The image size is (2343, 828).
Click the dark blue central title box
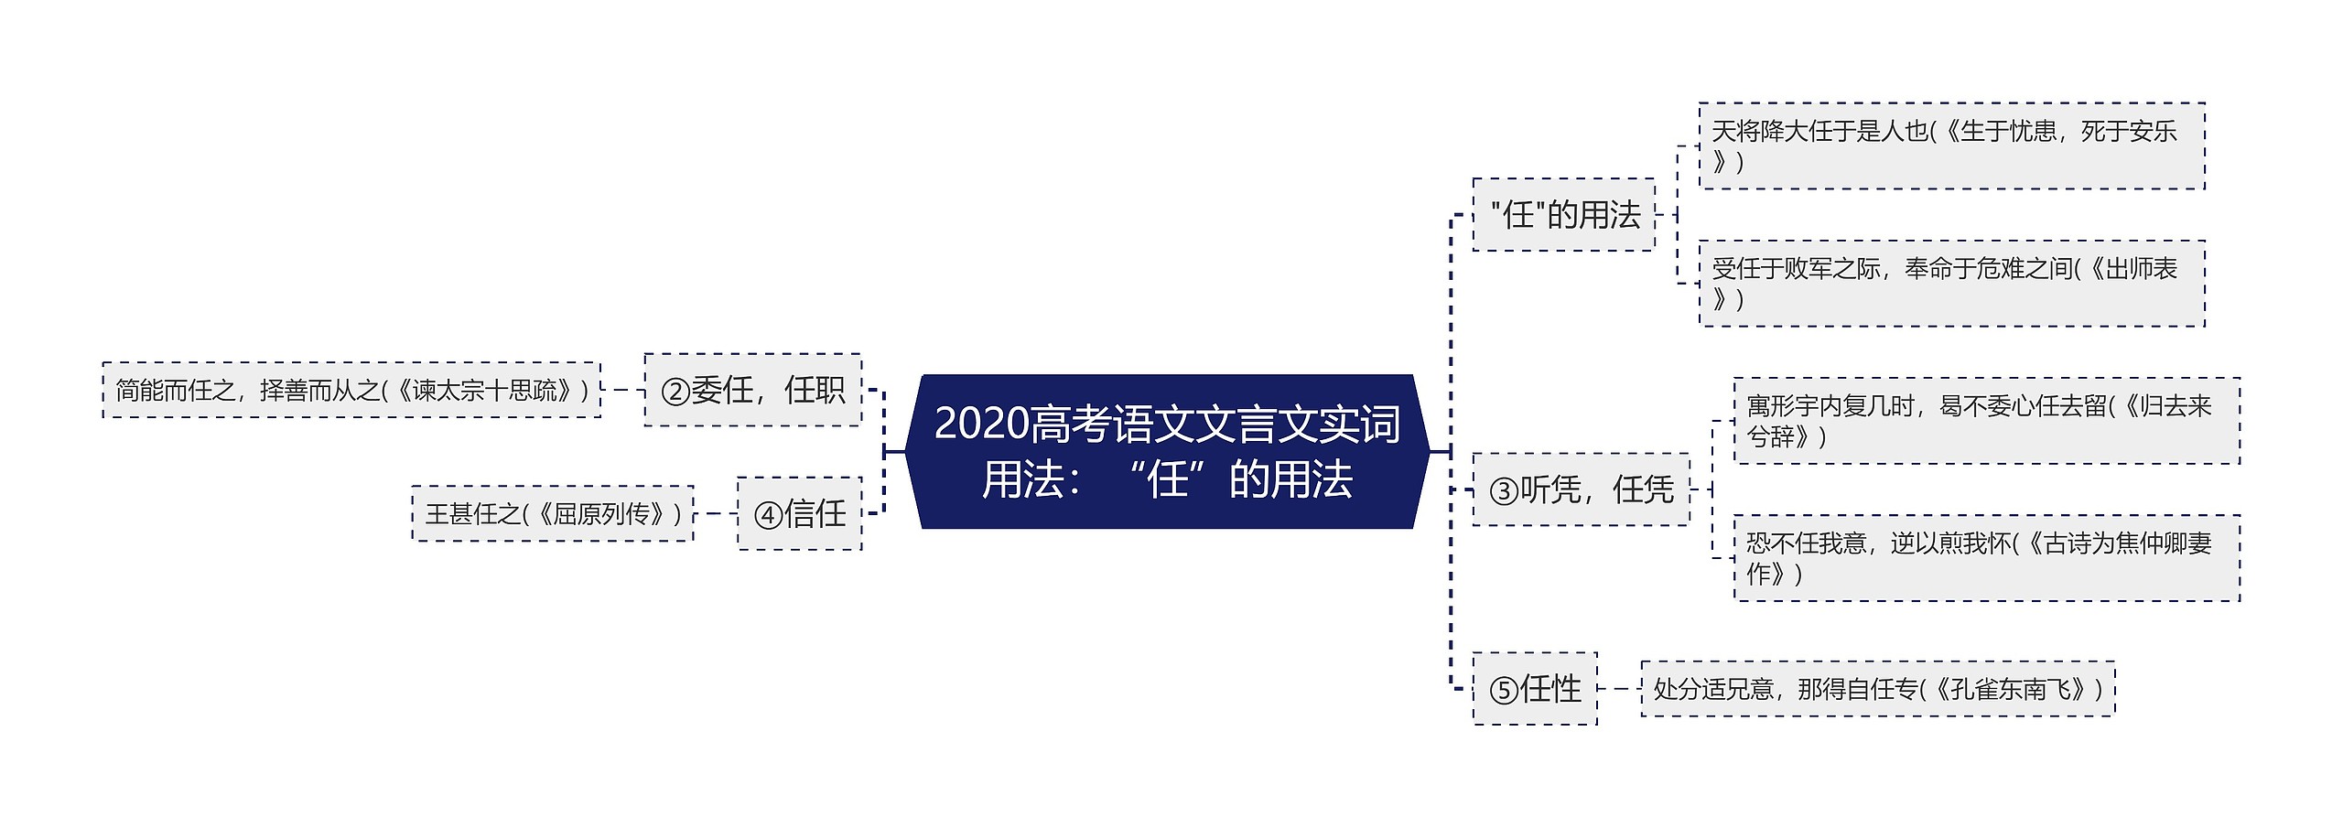point(1167,451)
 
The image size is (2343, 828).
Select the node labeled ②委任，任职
point(752,391)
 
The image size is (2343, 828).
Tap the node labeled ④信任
point(799,513)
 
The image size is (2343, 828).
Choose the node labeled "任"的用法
point(1563,215)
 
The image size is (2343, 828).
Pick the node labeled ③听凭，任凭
point(1581,489)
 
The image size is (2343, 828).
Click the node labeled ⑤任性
point(1535,689)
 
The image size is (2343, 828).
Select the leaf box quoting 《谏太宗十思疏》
point(352,391)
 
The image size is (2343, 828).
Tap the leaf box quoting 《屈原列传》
point(553,513)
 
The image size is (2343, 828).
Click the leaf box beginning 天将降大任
point(1951,146)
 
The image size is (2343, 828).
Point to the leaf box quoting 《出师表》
point(1951,284)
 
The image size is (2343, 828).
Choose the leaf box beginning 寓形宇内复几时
point(1986,421)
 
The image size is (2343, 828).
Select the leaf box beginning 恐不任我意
point(1986,558)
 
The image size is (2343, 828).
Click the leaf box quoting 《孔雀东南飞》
point(1877,689)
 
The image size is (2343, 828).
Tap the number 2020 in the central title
point(981,424)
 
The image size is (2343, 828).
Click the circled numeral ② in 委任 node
point(675,392)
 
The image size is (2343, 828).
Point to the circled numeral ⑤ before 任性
point(1504,691)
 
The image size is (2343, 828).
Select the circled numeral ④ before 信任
point(768,515)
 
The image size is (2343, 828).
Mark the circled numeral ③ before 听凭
point(1504,491)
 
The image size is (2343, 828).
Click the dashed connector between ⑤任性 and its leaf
point(1619,689)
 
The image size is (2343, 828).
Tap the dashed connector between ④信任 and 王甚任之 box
point(716,513)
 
